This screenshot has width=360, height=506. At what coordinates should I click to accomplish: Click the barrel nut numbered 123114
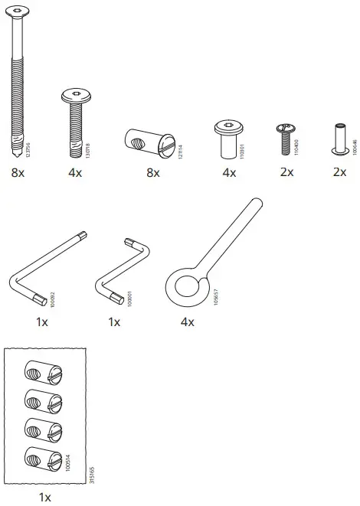tap(151, 141)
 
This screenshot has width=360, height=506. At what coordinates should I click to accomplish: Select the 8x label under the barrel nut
tap(152, 173)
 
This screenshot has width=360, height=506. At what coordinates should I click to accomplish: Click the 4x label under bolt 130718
tap(75, 173)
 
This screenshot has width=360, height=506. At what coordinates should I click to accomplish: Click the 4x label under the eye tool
tap(188, 322)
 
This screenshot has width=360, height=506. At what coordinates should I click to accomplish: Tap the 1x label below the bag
tap(45, 498)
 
